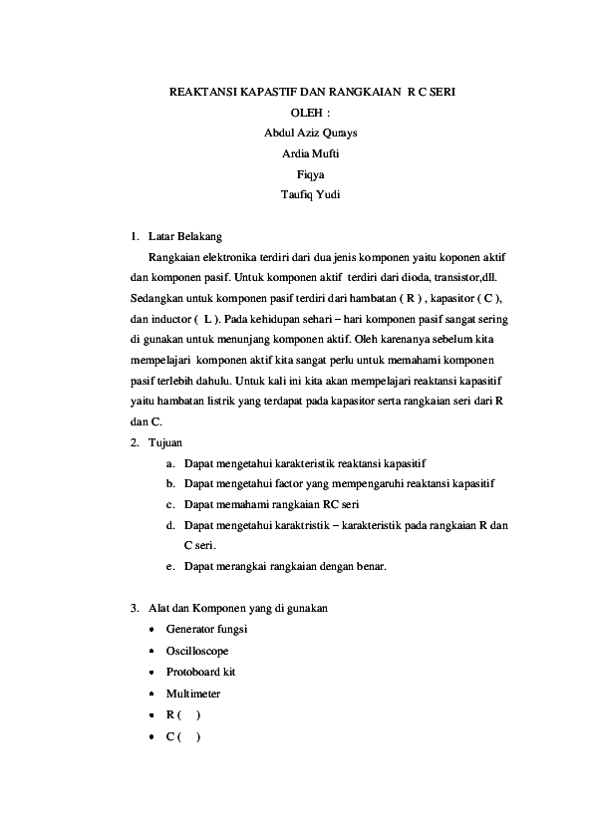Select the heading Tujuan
click(x=164, y=441)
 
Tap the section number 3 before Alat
click(x=134, y=607)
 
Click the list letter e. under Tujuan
click(x=171, y=566)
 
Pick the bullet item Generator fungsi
click(x=206, y=629)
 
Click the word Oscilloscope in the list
click(x=197, y=650)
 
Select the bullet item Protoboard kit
click(x=200, y=671)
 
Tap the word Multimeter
click(x=193, y=693)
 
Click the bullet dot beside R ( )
click(x=150, y=714)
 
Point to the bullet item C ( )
click(x=183, y=736)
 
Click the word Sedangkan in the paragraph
click(x=158, y=298)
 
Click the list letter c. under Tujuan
click(x=171, y=504)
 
